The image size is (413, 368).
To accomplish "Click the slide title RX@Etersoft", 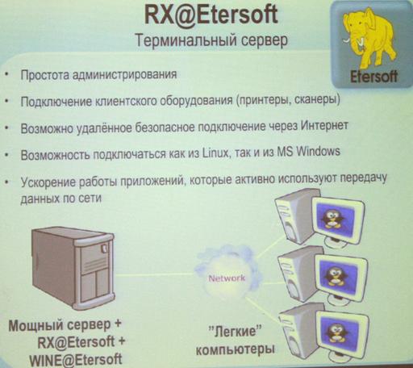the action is [x=211, y=15].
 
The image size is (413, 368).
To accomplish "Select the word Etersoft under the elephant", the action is [x=373, y=77].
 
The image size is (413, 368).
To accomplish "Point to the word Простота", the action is [x=44, y=75].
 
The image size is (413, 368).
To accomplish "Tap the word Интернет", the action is [x=324, y=126].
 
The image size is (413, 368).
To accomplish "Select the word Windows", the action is [x=318, y=152].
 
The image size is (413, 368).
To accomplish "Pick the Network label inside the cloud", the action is [x=227, y=278].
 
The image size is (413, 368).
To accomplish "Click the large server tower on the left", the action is [x=73, y=268].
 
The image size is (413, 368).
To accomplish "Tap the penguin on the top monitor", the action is [x=332, y=219].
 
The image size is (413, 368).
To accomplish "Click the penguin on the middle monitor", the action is [x=335, y=276].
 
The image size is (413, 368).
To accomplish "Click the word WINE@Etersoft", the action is [x=76, y=360].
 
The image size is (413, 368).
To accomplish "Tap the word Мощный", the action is [x=35, y=325].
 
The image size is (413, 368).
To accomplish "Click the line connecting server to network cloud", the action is [x=156, y=275].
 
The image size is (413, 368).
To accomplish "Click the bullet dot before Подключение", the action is [x=6, y=102].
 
